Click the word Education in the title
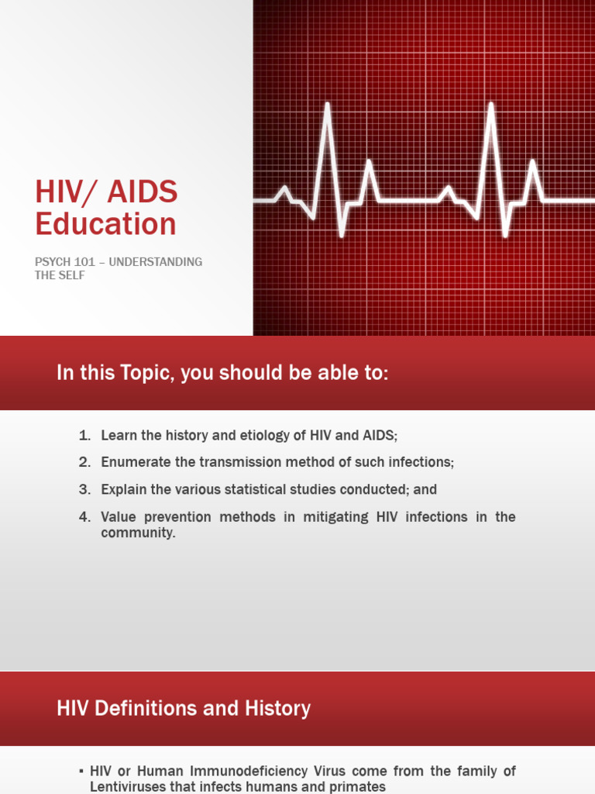click(x=105, y=224)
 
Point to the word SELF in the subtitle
click(x=71, y=275)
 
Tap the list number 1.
click(x=84, y=436)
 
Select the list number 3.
click(x=84, y=489)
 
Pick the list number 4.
click(x=84, y=516)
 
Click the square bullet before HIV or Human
click(x=81, y=771)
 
